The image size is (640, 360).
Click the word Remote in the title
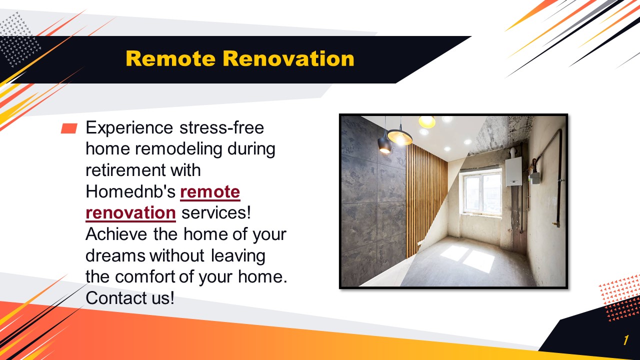coord(171,58)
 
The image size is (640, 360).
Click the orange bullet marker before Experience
coord(69,129)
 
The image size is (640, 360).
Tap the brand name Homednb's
coord(130,191)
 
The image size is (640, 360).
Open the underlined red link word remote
coord(210,191)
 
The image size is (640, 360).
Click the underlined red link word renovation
coord(130,213)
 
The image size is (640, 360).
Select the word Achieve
coord(116,234)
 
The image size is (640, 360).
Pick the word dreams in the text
coord(116,255)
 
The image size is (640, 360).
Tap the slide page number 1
coord(625,340)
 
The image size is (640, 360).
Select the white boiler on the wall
coord(513,171)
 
